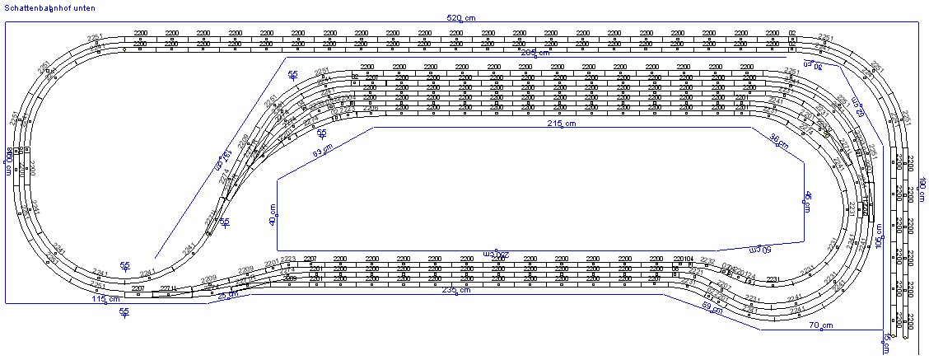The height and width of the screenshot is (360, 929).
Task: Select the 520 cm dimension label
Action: tap(461, 17)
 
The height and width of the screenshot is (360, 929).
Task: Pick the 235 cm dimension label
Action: tap(455, 290)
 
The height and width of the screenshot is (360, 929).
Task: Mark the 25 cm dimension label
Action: tap(227, 295)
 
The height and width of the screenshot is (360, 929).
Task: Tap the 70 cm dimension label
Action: tap(818, 325)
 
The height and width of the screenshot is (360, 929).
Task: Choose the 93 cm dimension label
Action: tap(323, 152)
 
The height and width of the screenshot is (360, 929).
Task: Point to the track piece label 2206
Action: tap(371, 108)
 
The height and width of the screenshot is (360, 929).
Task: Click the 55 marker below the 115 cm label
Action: tap(124, 312)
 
